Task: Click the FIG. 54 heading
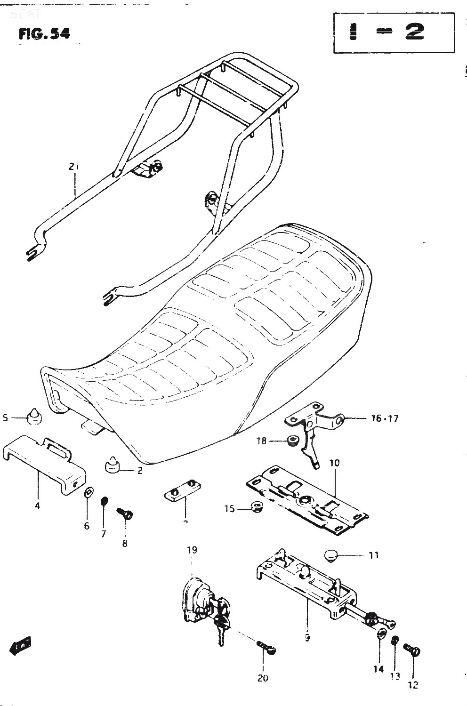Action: pos(44,34)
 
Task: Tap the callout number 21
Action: pos(74,167)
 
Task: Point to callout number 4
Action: pos(37,506)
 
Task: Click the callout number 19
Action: pos(192,550)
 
